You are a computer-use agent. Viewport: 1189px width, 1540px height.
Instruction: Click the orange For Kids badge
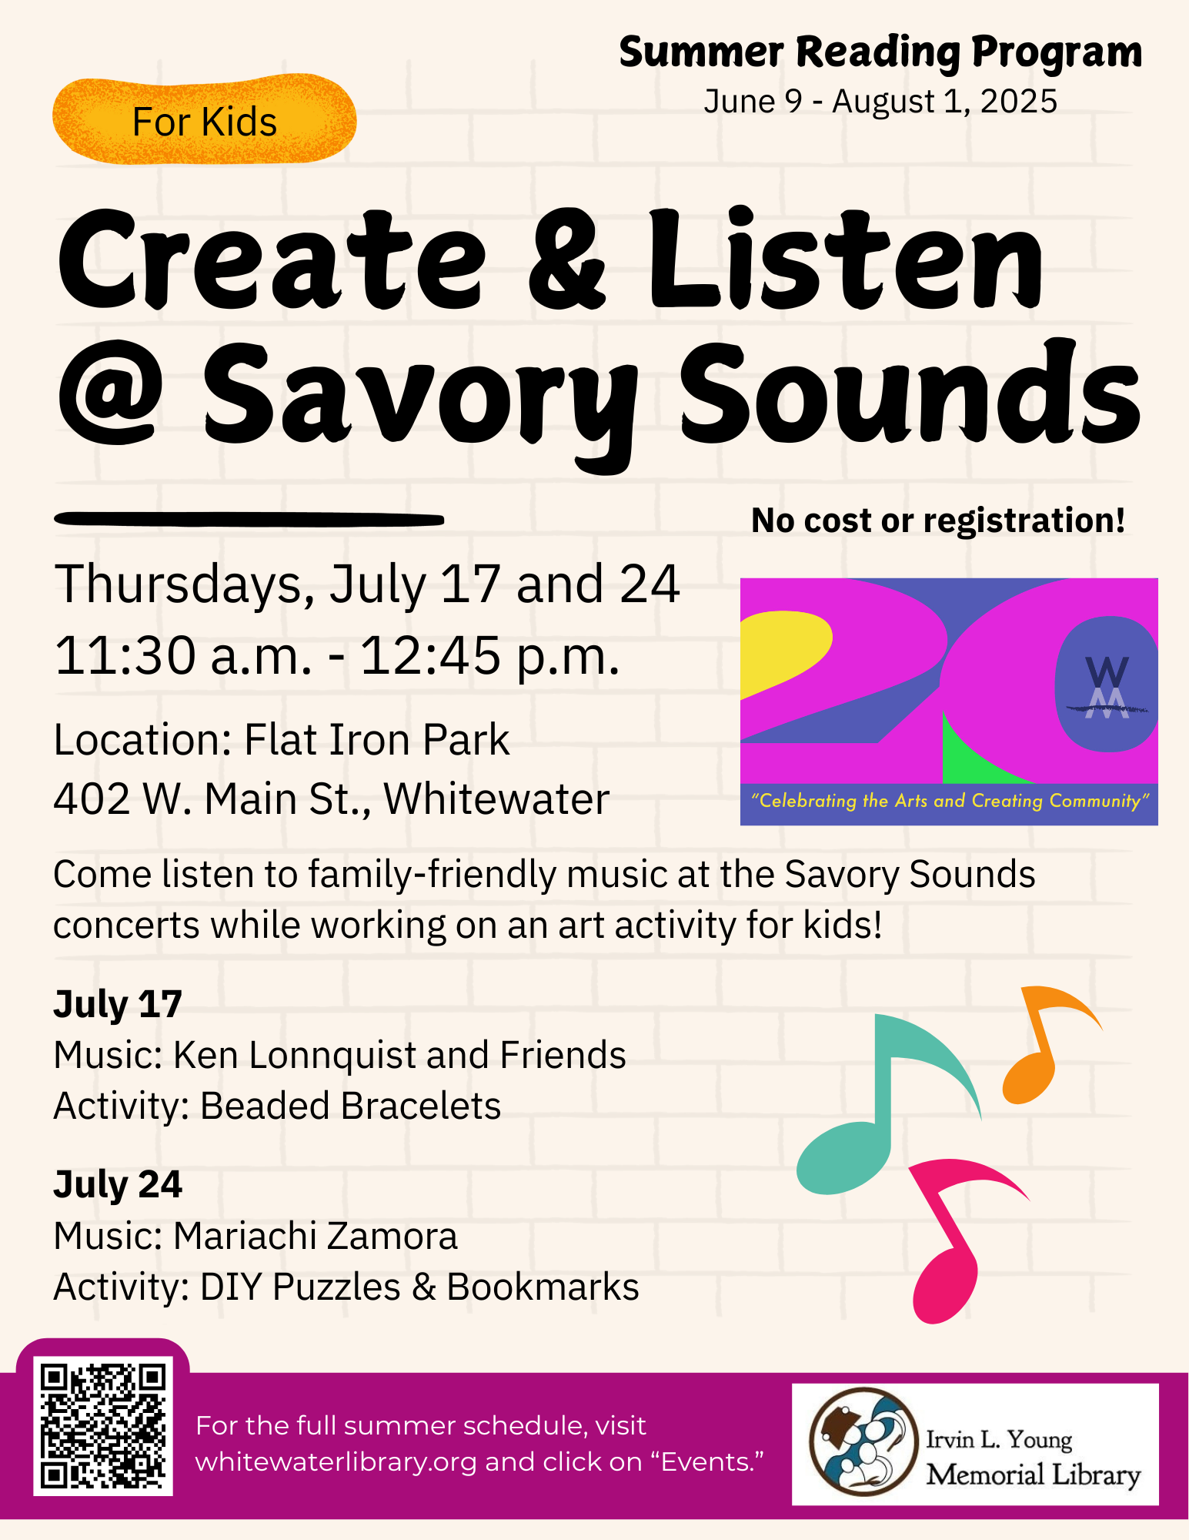[204, 120]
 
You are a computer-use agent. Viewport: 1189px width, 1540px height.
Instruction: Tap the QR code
[103, 1426]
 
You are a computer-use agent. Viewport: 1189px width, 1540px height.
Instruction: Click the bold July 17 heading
[118, 1004]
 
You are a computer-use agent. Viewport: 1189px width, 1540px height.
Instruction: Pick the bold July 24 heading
[118, 1184]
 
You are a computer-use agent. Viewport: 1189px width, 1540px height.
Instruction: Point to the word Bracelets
[421, 1106]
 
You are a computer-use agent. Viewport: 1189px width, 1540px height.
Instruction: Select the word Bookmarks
[543, 1287]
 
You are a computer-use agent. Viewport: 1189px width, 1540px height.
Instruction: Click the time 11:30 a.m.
[183, 656]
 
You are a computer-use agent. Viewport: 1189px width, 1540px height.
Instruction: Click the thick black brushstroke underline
[249, 520]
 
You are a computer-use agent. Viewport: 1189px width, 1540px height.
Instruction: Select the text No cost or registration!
[938, 521]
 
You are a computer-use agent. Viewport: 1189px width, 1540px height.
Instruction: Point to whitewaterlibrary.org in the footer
[336, 1461]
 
